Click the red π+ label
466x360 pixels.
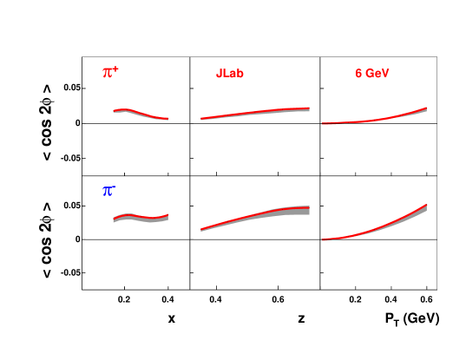point(110,73)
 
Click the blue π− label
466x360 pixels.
point(109,190)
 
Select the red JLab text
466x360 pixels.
point(230,74)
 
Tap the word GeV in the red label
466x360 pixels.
point(377,74)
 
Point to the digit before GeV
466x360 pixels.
point(358,74)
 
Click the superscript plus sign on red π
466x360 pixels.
point(116,69)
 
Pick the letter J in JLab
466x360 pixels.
point(219,74)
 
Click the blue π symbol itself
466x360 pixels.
point(107,191)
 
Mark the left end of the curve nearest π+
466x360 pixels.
point(113,111)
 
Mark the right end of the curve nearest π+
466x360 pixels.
point(167,119)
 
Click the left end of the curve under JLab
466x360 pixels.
point(201,119)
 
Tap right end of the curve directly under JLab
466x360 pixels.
point(309,108)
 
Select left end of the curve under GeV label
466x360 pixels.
point(323,123)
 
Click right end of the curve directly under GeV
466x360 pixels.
point(426,108)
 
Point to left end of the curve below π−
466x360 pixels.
point(113,220)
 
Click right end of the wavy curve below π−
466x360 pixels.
point(167,215)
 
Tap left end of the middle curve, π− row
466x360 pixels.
point(201,230)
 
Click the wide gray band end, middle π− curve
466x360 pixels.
point(309,210)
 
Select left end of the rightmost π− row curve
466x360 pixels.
point(323,239)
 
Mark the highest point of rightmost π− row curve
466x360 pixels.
point(426,206)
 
